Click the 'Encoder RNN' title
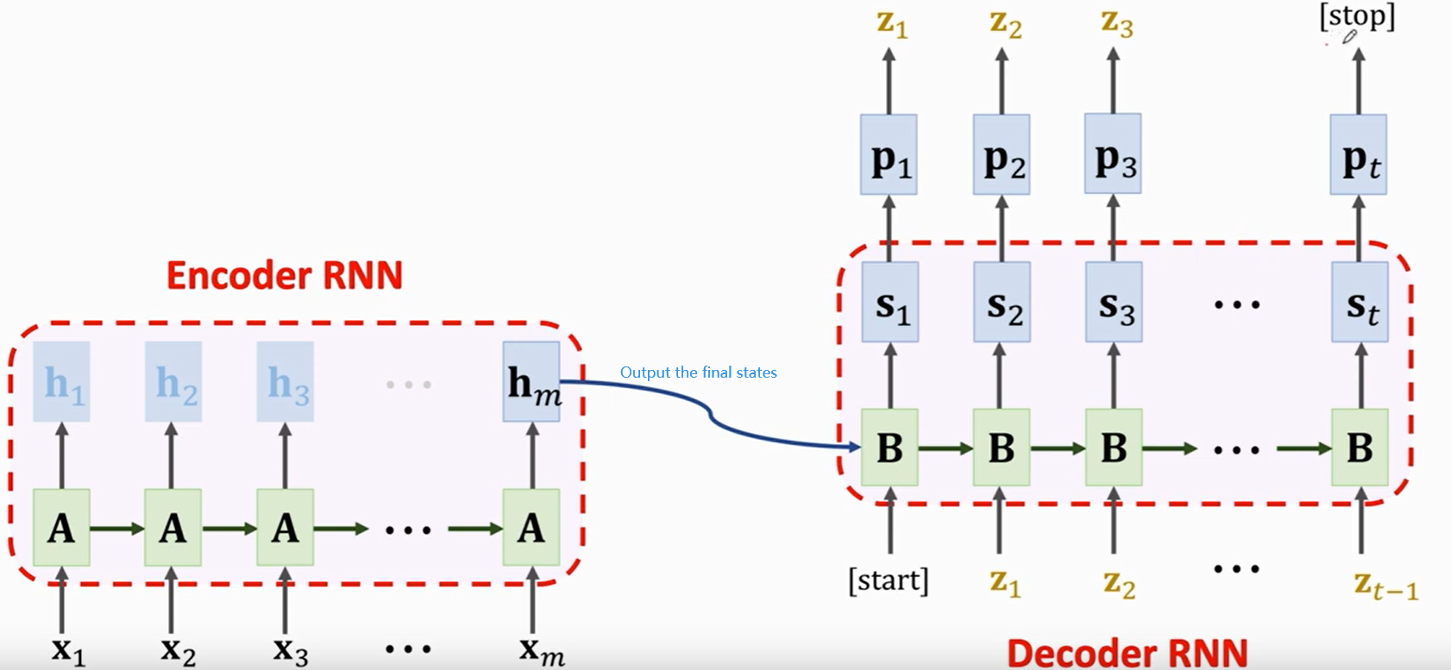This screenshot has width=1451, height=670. tap(285, 276)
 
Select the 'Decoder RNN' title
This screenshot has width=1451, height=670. tap(1128, 653)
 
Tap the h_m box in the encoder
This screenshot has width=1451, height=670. tap(531, 382)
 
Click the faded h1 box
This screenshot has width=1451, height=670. tap(61, 382)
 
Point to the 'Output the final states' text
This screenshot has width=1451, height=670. tap(698, 373)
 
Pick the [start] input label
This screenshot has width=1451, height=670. tap(889, 580)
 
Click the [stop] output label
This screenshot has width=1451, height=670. tap(1357, 17)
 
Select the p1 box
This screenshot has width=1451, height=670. tap(889, 155)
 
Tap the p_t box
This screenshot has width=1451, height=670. tap(1359, 155)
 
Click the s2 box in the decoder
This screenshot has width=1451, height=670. tap(1002, 303)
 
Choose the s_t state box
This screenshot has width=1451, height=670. tap(1360, 303)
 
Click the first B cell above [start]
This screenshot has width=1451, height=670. tap(889, 448)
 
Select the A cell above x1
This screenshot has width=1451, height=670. tap(61, 528)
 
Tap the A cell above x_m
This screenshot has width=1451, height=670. tap(531, 528)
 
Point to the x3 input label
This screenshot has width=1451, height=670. tap(290, 649)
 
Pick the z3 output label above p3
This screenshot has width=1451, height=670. tap(1117, 22)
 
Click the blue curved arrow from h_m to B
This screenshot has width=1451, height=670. tap(712, 416)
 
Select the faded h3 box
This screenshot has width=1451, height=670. tap(286, 382)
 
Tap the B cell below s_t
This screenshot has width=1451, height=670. tap(1360, 448)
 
